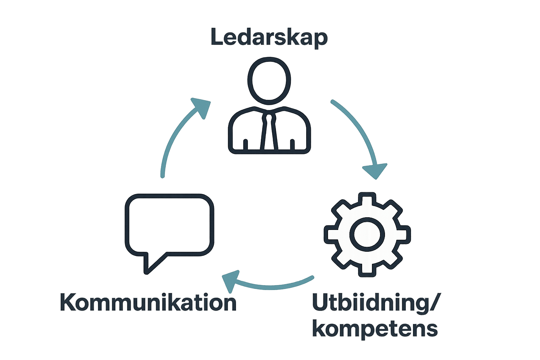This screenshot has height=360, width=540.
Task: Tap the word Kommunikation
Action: pos(148,302)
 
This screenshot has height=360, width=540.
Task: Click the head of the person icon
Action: pos(269,81)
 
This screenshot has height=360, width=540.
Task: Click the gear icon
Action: pos(367,234)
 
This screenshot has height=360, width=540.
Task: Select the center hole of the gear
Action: pos(367,234)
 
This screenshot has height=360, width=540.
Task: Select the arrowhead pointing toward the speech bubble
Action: pos(230,281)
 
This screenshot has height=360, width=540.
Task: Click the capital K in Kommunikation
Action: pos(68,302)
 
